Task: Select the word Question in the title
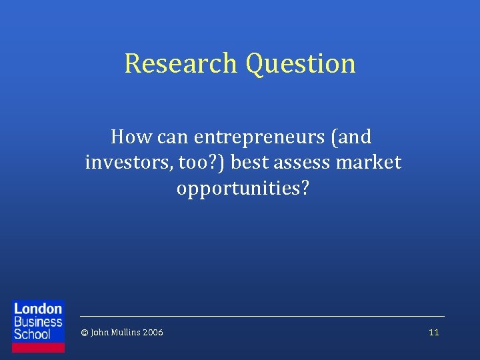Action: tap(300, 64)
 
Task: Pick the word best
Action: tap(249, 162)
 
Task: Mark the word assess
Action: tap(304, 162)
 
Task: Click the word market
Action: tap(372, 162)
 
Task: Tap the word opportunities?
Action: tap(243, 188)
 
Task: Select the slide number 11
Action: tap(434, 333)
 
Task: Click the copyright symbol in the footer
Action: tap(84, 333)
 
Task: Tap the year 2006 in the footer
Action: tap(153, 333)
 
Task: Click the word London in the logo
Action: tap(38, 309)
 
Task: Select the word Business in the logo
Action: tap(38, 321)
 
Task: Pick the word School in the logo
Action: tap(33, 333)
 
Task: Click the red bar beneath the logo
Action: tap(39, 347)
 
